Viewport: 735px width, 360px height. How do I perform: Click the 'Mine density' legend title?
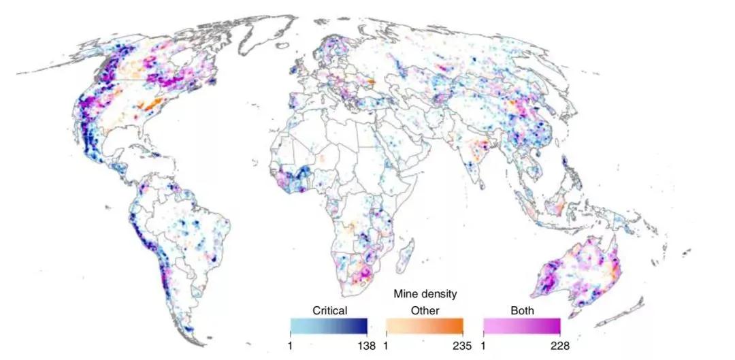425,294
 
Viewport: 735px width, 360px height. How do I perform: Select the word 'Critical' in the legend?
330,310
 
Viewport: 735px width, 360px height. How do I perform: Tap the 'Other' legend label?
425,310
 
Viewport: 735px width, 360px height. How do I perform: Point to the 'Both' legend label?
521,310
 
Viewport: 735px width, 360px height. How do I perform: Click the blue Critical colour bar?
329,325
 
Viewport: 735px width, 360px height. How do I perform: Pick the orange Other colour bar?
425,325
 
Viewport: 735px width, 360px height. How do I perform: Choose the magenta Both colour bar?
521,325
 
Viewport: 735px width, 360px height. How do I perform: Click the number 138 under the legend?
366,346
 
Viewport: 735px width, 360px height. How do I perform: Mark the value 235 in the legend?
462,346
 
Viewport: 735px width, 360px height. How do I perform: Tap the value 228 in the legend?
559,346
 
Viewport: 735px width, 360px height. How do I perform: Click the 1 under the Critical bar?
291,346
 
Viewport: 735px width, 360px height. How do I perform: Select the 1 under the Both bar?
484,346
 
